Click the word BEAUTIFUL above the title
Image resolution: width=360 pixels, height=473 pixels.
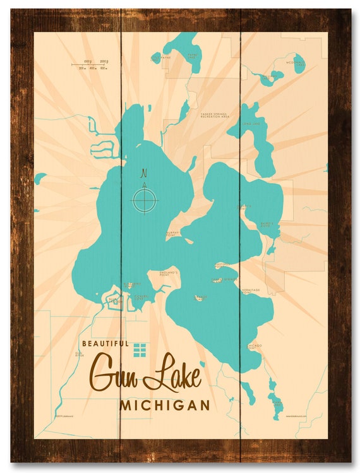pos(105,344)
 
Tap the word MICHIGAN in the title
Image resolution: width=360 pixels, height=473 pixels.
pos(164,405)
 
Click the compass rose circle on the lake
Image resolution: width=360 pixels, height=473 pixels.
pos(145,201)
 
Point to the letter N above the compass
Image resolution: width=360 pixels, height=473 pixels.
pos(144,172)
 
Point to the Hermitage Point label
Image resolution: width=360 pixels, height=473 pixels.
pos(251,291)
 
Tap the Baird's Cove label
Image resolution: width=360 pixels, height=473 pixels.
pos(265,224)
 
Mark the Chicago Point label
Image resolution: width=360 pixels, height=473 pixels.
pos(254,346)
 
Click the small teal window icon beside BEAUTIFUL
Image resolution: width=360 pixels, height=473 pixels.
pos(140,349)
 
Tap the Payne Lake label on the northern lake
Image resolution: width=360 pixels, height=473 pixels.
pos(193,56)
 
